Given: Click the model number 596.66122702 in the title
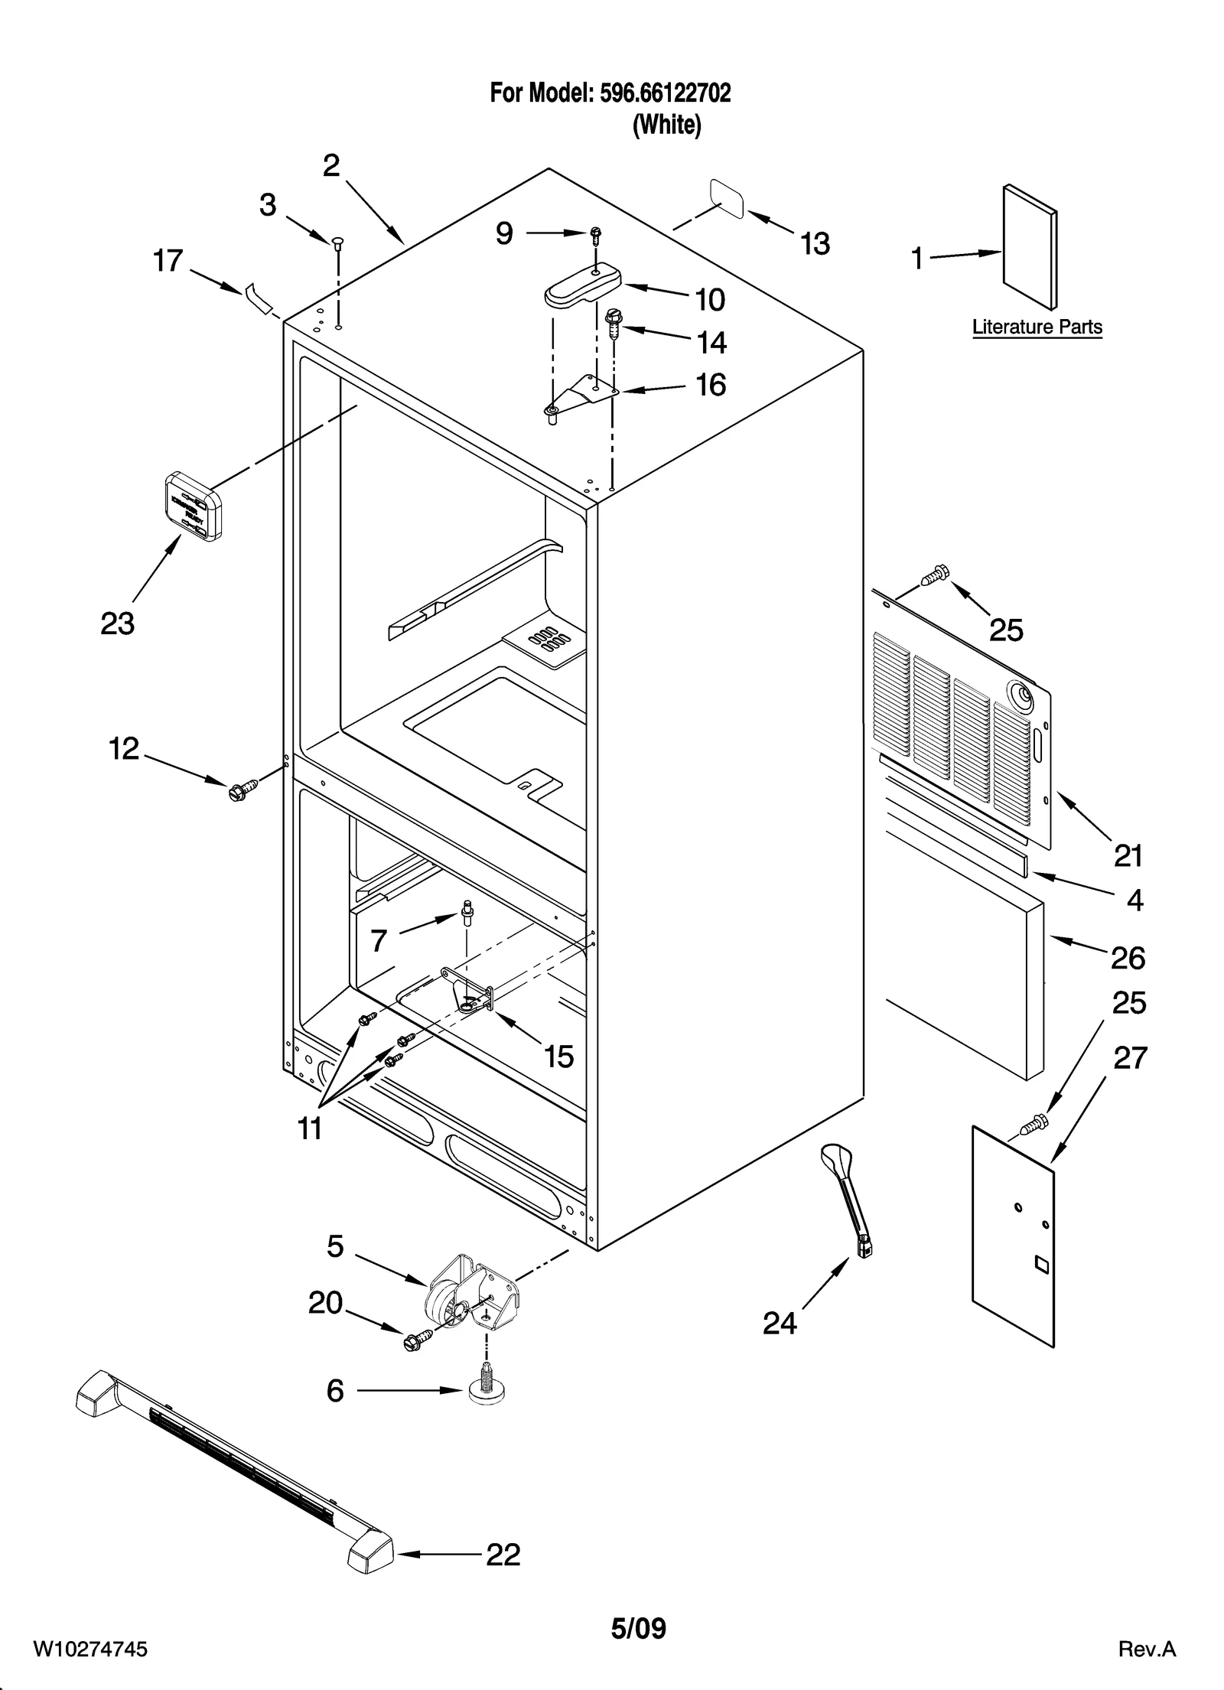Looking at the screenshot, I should click(665, 93).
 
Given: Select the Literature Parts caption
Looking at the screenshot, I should click(1037, 327).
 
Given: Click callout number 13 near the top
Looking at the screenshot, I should click(815, 244).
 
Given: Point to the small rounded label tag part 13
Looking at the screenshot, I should click(728, 199).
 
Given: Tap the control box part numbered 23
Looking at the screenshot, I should click(194, 506).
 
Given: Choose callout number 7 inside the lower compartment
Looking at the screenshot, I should click(379, 940).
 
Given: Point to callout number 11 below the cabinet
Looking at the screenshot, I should click(310, 1128).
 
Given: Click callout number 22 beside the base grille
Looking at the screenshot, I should click(503, 1555).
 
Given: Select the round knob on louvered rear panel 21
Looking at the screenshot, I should click(1021, 695).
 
